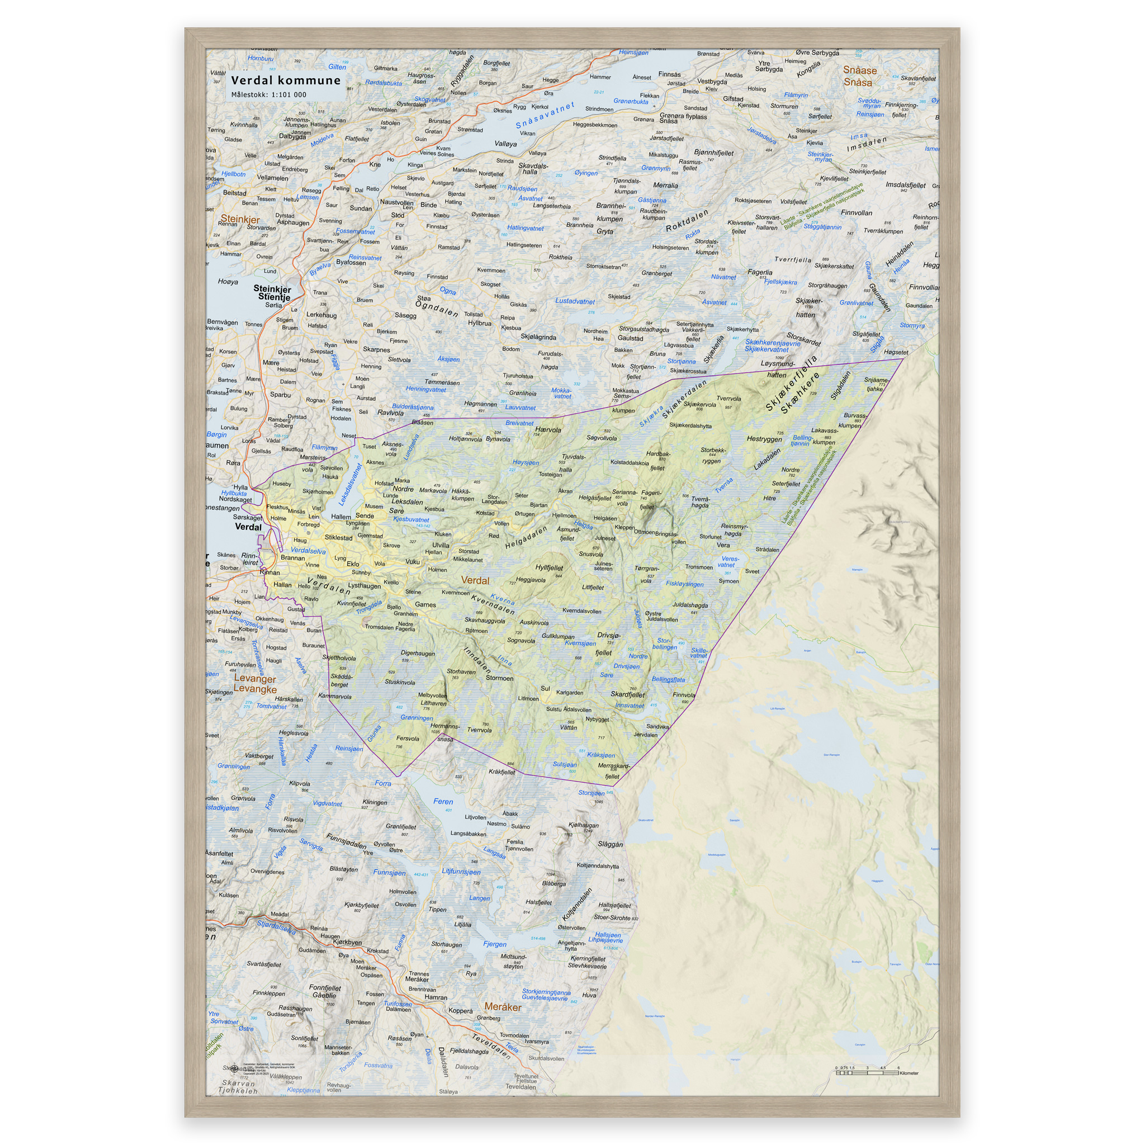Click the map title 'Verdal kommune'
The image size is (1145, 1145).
tap(286, 81)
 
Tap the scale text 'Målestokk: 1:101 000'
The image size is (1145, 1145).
tap(268, 94)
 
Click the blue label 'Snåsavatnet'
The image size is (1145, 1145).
tap(545, 116)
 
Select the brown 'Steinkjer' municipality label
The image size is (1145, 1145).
tap(240, 219)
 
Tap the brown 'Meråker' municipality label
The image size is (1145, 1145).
tap(503, 1007)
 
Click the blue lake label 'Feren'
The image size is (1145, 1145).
tap(443, 801)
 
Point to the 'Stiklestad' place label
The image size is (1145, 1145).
tap(338, 537)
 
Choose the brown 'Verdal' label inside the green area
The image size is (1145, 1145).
tap(475, 580)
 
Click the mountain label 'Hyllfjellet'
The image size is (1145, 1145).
tap(549, 567)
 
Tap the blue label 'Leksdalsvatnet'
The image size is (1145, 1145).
tap(349, 485)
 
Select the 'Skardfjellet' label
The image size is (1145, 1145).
tap(628, 694)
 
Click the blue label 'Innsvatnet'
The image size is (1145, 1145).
tap(630, 705)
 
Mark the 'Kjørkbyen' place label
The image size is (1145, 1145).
tap(347, 941)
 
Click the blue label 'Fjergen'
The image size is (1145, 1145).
tap(495, 944)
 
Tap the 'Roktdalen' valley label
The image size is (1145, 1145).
tap(687, 220)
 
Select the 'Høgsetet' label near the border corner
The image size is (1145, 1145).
tap(896, 352)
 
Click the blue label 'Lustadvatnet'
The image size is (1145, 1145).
tap(574, 301)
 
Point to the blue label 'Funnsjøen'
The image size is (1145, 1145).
tap(389, 872)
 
